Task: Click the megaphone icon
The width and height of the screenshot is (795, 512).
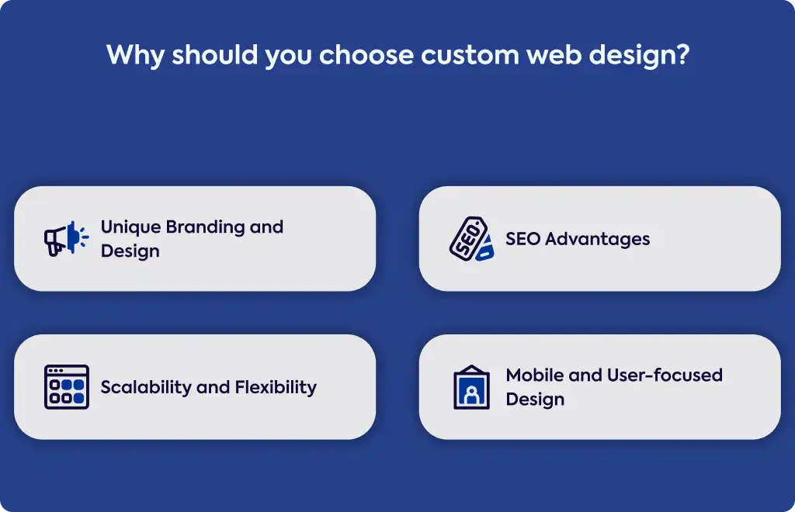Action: (67, 238)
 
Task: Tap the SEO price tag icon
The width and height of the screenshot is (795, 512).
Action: (471, 238)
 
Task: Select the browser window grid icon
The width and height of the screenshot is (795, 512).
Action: (67, 387)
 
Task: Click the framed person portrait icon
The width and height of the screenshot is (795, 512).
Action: (471, 387)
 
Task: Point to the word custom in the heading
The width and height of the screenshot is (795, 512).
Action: (470, 55)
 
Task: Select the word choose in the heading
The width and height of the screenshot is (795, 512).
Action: (366, 55)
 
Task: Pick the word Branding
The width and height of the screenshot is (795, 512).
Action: (205, 227)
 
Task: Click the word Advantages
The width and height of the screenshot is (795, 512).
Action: (597, 239)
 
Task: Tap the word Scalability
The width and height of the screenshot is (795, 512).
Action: (145, 387)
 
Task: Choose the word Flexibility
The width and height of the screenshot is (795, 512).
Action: (276, 387)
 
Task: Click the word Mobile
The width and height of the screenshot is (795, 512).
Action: (534, 375)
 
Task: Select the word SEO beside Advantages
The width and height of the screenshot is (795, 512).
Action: (522, 238)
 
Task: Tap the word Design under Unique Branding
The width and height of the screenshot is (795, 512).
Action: (130, 251)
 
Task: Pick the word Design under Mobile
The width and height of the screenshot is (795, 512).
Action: (535, 399)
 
